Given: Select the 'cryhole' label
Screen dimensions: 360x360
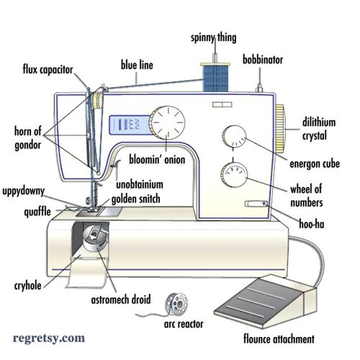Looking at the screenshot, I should tap(27, 286).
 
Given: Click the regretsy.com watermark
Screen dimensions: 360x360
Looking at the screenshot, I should tap(49, 336).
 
